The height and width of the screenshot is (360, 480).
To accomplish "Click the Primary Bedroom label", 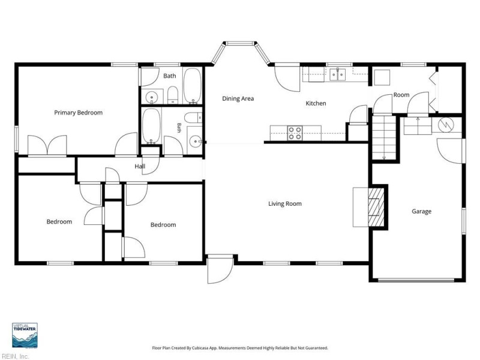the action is tap(79, 113).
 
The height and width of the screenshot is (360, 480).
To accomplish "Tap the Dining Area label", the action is tap(238, 98).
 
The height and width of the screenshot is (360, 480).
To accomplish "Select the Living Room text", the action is tap(285, 203).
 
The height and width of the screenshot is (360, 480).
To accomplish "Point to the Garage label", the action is tap(422, 211).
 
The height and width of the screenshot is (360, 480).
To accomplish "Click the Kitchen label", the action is tap(316, 103).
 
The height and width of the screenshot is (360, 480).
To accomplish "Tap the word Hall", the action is tap(140, 166).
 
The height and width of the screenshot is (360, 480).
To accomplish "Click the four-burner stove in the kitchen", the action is tap(295, 133).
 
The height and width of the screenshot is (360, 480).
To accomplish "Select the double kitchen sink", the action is tap(338, 74).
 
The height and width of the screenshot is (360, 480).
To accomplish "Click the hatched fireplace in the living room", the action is tap(376, 207).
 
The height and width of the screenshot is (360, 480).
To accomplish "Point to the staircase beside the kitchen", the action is tap(383, 137).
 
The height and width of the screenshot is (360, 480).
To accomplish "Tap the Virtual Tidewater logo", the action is tap(25, 335).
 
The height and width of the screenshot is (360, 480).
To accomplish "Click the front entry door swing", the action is tap(220, 270).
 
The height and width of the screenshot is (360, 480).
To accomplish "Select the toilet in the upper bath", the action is tap(173, 95).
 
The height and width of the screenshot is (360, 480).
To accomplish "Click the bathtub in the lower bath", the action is tap(151, 125).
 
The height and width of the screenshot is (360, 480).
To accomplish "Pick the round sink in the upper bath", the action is tap(151, 97).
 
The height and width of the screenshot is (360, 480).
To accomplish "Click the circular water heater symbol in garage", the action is tap(444, 125).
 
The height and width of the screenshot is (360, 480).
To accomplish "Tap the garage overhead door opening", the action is tap(416, 280).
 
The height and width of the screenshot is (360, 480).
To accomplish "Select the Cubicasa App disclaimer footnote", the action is tap(240, 348).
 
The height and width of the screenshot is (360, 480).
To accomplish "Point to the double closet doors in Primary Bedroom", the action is tap(47, 145).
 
